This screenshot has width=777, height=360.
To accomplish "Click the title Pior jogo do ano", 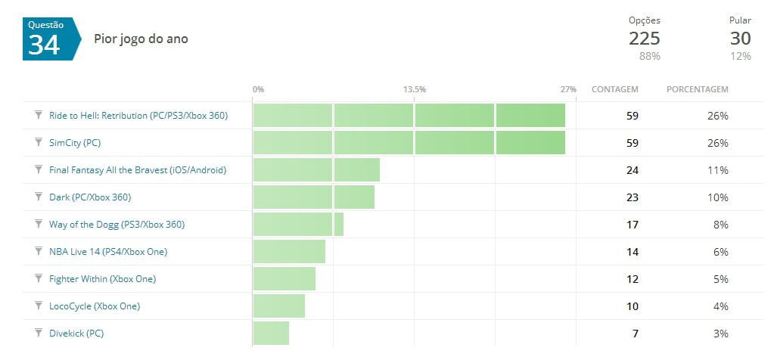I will [141, 39].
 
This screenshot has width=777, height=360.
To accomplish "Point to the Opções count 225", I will [644, 39].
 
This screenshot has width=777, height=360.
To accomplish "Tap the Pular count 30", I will [740, 39].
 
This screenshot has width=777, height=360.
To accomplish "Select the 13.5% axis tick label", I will [414, 89].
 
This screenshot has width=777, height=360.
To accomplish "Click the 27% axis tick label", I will [568, 89].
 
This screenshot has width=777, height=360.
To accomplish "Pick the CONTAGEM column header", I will [614, 89].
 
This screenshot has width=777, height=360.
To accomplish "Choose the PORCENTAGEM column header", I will [697, 89].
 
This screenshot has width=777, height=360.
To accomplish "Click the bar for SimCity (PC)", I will [409, 143].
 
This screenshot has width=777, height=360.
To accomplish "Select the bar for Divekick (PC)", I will [271, 333].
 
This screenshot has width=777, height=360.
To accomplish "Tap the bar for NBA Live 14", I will [289, 252].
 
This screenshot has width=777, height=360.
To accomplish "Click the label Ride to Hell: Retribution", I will [138, 116].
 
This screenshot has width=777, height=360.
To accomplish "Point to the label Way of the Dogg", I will [117, 225].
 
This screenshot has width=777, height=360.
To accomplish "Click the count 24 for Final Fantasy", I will [632, 170].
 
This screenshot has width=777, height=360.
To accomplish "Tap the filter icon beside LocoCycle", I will [38, 306].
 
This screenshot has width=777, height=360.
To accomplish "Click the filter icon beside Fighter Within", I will [38, 278].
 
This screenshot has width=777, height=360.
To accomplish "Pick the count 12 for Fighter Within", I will [632, 279].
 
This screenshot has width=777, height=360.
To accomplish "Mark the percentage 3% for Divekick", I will [720, 334].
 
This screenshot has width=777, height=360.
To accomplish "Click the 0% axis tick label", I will [258, 89].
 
